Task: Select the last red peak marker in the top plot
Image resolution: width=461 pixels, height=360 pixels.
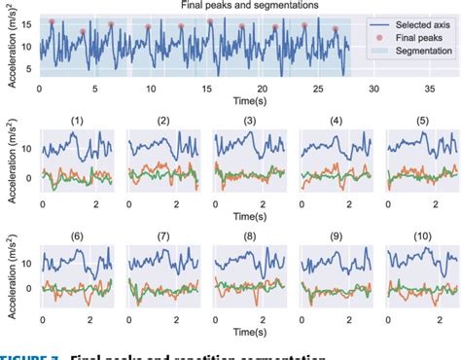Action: pos(335,28)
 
